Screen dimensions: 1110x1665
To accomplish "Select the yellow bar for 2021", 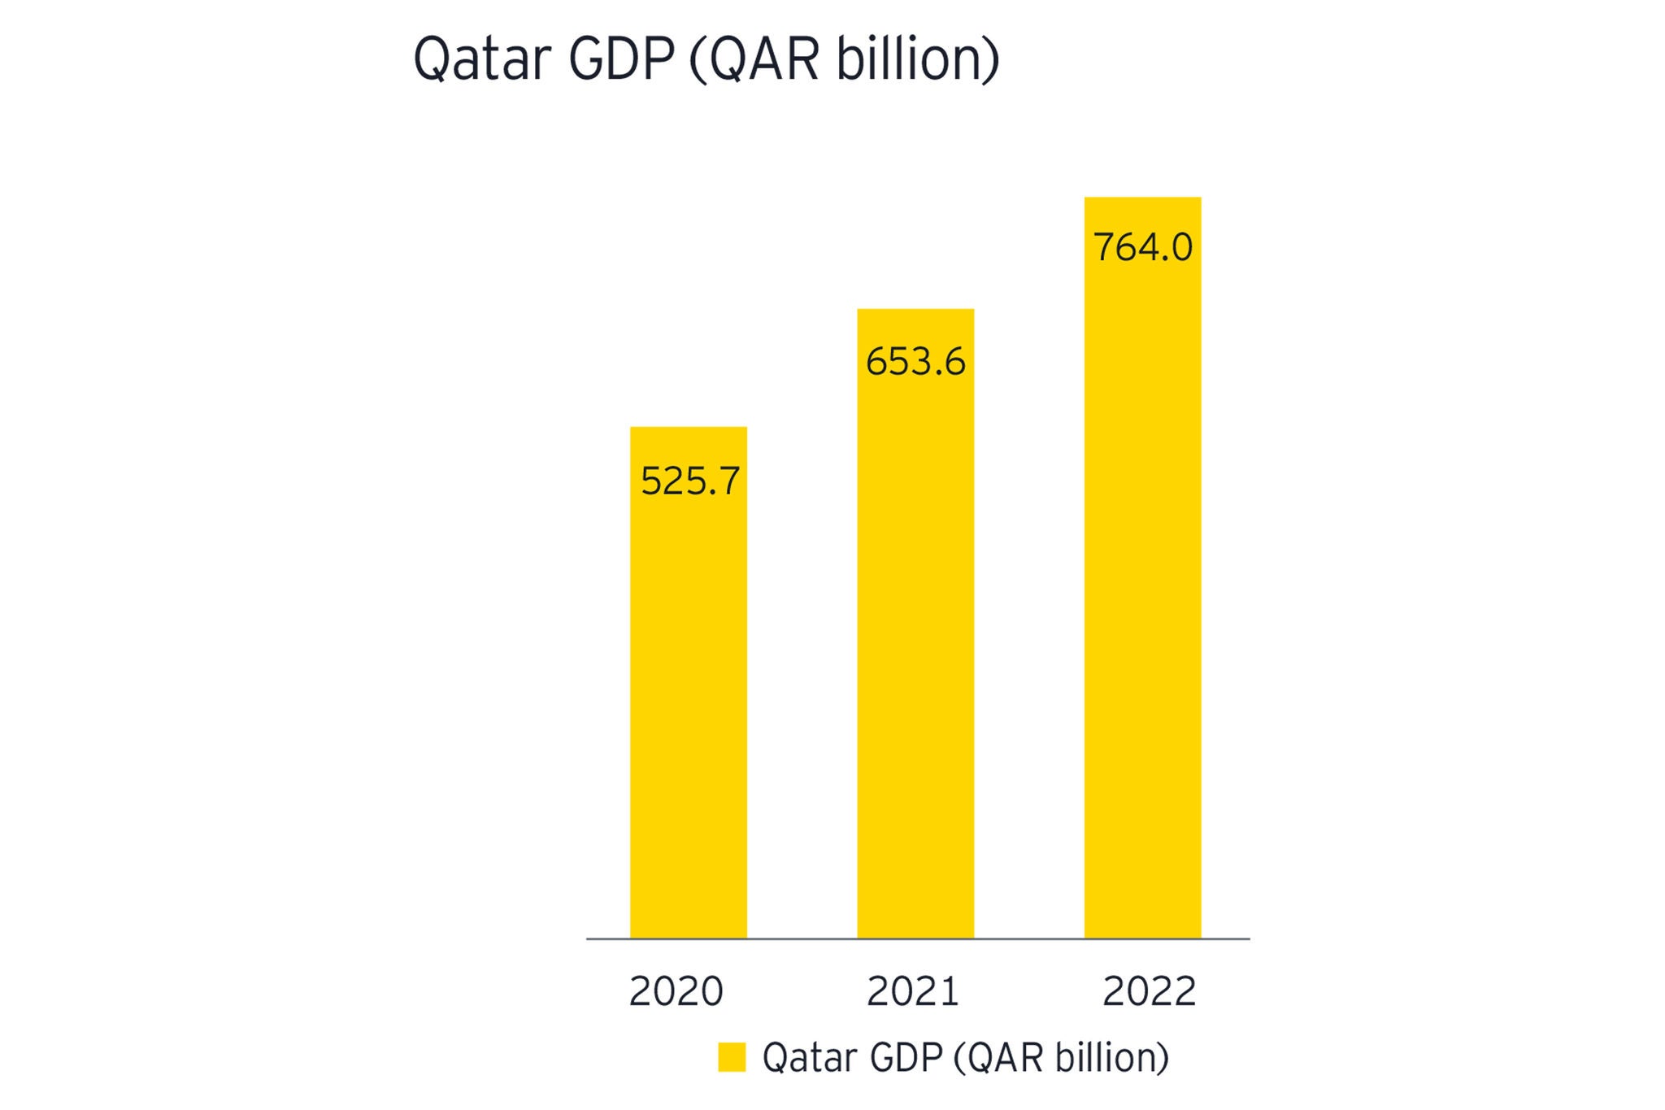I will [x=915, y=651].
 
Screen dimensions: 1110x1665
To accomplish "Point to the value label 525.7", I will [x=690, y=481].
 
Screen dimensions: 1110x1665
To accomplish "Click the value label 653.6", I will [x=915, y=362].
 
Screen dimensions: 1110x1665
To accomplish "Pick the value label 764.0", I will [x=1143, y=247].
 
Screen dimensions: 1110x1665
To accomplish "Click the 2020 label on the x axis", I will [x=676, y=991].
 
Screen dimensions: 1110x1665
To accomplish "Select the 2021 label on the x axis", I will [x=913, y=991].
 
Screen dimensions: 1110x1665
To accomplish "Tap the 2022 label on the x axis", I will [x=1149, y=991].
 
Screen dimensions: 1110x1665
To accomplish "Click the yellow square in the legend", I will [x=732, y=1058].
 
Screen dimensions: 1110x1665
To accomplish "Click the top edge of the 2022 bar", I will [x=1142, y=198].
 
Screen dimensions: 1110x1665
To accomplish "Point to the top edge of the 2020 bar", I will [x=688, y=428].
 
